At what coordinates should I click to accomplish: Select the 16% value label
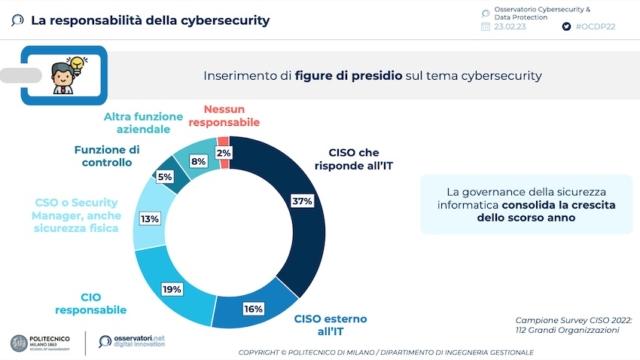tap(253, 309)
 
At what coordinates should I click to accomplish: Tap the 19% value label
tap(171, 288)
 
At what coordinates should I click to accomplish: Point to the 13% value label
tap(149, 218)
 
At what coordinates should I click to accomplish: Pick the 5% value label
tap(166, 177)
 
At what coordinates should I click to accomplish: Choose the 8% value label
tap(198, 160)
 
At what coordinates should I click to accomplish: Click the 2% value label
tap(224, 153)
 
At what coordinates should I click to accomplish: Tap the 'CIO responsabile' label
tap(90, 303)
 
